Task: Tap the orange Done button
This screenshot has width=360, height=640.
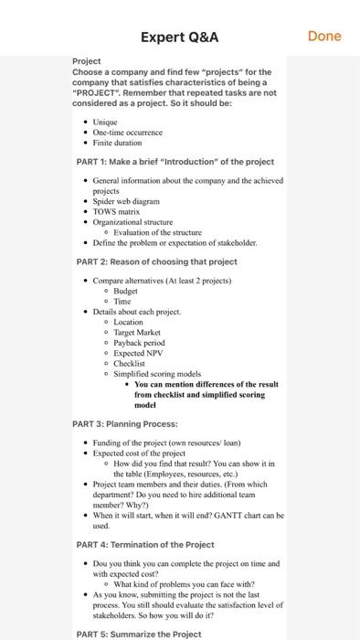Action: coord(324,37)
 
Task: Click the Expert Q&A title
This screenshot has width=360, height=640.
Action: coord(180,37)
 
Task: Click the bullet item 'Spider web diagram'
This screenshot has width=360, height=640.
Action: coord(126,201)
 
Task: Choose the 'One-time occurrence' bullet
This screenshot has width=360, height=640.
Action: coord(128,132)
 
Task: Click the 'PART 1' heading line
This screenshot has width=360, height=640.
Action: coord(175,162)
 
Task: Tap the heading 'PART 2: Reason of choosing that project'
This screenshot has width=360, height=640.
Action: coord(157,261)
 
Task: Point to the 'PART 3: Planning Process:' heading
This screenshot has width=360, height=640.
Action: coord(125,424)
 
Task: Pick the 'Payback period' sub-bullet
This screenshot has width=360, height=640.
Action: coord(140,343)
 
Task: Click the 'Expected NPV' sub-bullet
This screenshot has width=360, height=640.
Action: coord(138,353)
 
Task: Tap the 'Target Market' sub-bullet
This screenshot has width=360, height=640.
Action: coord(138,333)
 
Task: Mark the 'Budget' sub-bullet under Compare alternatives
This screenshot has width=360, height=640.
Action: coord(126,291)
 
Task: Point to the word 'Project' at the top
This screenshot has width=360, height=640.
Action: coord(87,61)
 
